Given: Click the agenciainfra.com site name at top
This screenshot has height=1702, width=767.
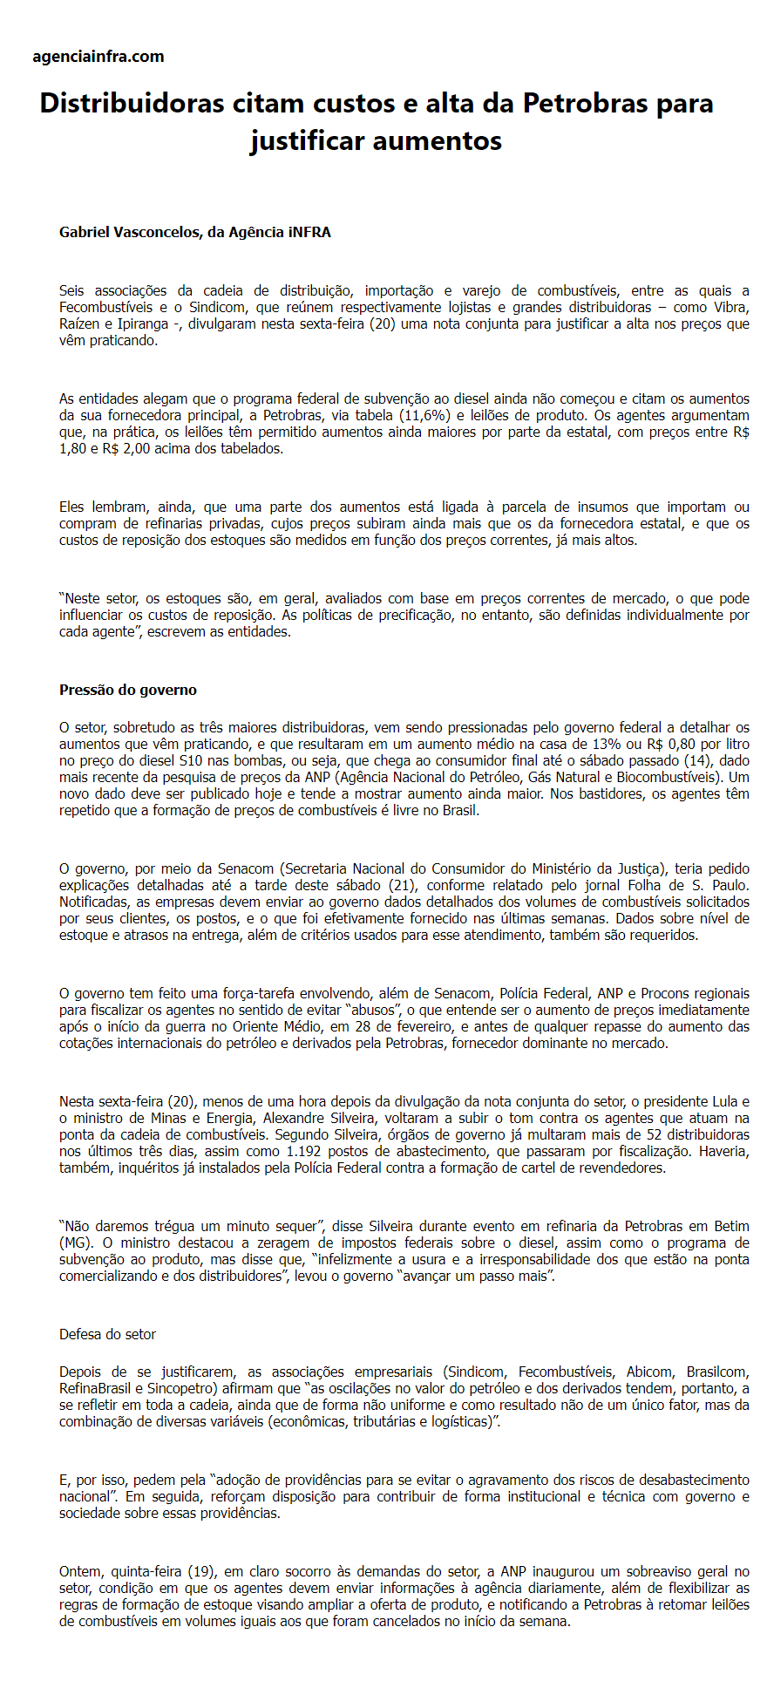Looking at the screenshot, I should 98,57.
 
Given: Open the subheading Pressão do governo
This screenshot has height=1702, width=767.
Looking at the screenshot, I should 128,690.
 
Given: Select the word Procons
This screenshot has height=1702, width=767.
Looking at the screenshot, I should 664,993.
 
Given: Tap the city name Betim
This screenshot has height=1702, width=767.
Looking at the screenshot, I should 729,1226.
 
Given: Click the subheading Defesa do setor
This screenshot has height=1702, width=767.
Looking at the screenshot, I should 107,1334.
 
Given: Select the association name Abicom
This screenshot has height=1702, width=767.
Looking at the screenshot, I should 648,1372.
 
